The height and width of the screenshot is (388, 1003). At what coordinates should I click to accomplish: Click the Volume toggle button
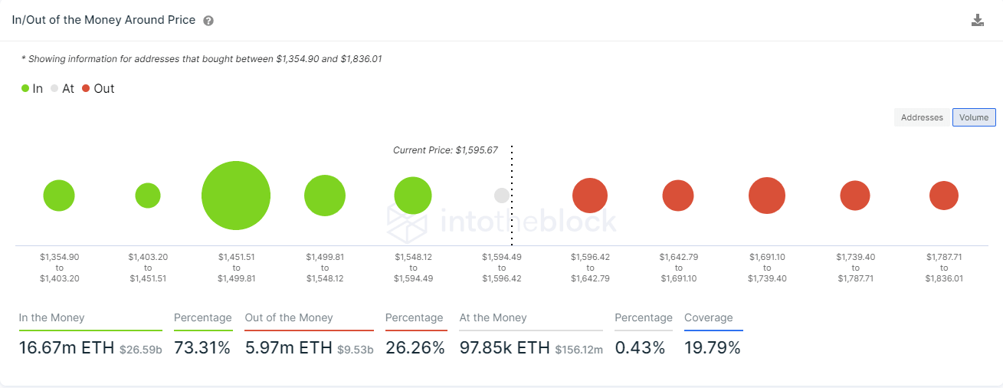974,117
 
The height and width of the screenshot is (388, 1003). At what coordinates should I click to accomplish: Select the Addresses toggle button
922,117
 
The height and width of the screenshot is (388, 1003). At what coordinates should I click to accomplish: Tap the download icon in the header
978,21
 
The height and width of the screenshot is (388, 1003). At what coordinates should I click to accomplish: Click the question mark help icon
208,21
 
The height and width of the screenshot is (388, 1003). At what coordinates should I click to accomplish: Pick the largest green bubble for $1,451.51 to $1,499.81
236,196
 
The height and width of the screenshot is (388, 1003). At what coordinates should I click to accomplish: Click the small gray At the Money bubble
502,196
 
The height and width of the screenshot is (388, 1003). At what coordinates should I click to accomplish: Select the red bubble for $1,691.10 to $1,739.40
767,196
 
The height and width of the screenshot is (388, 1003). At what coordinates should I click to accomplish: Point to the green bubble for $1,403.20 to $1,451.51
148,196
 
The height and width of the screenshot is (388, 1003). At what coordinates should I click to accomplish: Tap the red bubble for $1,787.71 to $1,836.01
944,196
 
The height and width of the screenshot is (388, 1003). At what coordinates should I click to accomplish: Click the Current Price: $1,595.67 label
445,150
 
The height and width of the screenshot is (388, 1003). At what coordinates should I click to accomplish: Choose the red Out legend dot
86,88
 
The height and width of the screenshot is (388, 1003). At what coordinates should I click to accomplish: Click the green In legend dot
25,88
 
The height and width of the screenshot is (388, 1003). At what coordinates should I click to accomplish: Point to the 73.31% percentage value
202,348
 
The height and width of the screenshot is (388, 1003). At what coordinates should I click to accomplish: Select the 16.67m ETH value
67,348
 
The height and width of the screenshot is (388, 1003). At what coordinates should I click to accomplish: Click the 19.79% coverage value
713,348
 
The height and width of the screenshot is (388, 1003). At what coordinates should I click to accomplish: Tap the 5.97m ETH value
288,348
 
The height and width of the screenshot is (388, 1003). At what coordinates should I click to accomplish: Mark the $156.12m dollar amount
579,350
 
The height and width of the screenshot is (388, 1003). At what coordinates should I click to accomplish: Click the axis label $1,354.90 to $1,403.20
60,268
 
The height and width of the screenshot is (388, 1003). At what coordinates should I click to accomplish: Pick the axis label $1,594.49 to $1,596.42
502,268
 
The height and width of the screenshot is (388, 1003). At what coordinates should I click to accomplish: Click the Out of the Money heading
289,317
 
